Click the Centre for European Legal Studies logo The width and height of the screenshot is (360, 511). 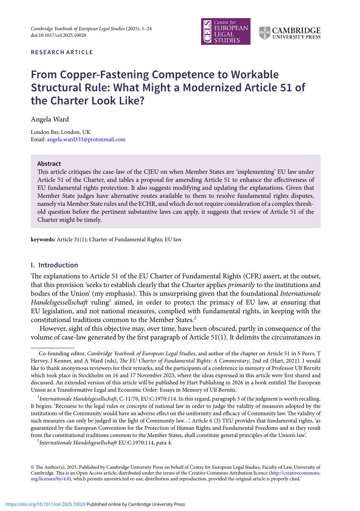225,31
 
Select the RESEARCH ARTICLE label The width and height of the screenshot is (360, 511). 62,52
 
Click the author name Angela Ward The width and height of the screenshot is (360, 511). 50,119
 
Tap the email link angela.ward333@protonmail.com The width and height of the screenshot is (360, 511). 86,139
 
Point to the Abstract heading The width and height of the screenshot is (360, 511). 49,163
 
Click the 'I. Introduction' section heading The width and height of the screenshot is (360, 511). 55,265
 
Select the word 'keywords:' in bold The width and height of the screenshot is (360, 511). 43,240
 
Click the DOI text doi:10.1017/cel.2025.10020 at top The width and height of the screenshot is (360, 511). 58,35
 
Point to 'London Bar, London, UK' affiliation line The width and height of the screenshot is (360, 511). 61,132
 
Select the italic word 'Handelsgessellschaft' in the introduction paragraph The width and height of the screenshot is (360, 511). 59,302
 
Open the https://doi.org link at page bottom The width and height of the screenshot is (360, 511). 45,504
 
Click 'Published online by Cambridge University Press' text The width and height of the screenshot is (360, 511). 136,504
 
